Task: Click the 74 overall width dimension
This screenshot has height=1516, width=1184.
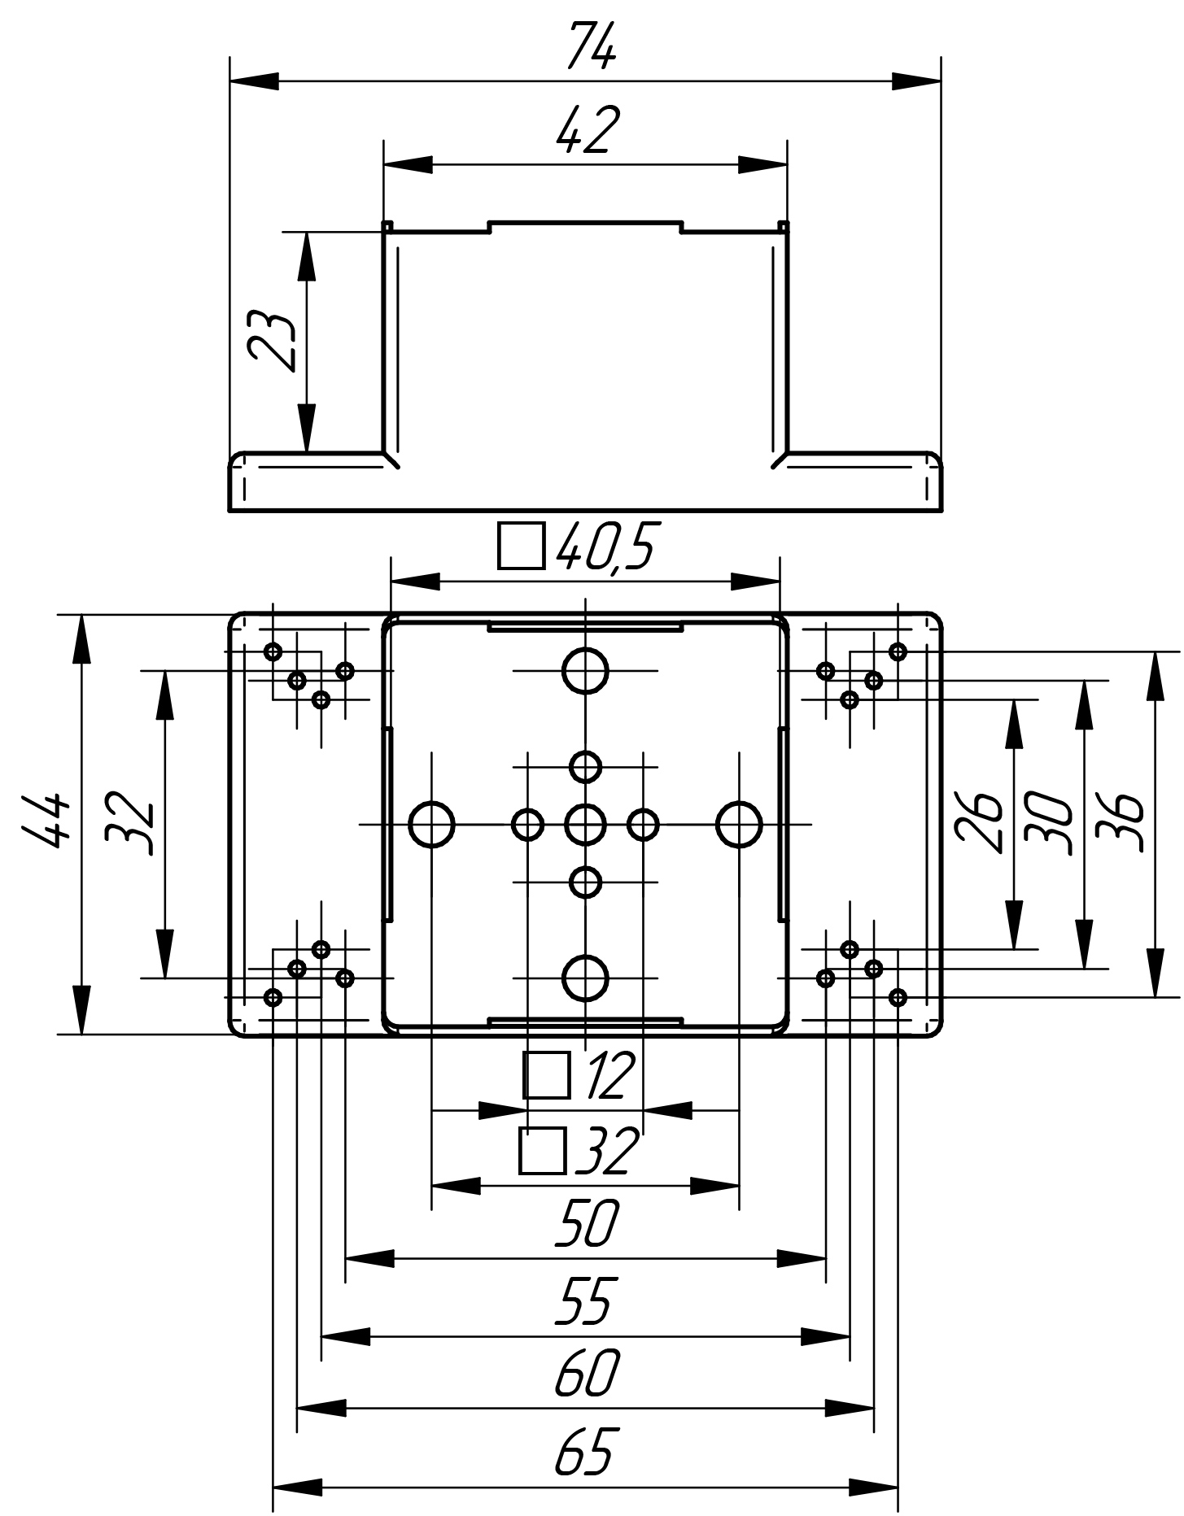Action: [x=592, y=46]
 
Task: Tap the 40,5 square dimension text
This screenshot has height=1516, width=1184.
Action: [x=604, y=546]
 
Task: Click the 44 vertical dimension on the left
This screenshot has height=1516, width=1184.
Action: [x=45, y=823]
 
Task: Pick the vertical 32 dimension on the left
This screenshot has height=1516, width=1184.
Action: [x=130, y=823]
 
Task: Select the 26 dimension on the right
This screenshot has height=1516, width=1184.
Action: [x=979, y=823]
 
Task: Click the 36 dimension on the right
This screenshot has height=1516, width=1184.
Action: [x=1120, y=823]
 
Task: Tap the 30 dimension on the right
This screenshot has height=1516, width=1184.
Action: [x=1050, y=823]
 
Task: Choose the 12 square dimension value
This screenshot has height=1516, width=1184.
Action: [x=605, y=1076]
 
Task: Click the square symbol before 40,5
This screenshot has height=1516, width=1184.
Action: [x=521, y=546]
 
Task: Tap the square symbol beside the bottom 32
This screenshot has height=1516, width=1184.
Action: [x=543, y=1151]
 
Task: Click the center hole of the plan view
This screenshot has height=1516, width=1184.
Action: [x=585, y=825]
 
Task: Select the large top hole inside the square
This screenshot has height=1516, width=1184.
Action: [x=585, y=671]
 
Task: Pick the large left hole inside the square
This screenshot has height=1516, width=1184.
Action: [x=431, y=825]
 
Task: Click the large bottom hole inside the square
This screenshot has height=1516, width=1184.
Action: [x=585, y=978]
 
